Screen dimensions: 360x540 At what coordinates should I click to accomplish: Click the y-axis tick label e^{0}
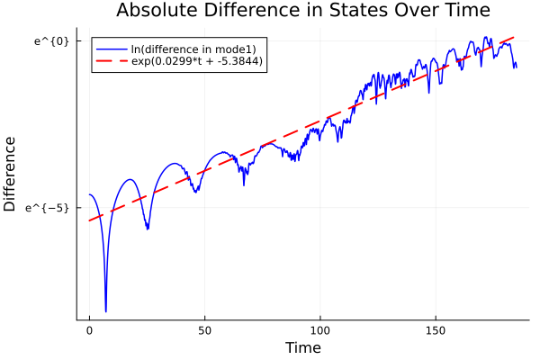point(58,41)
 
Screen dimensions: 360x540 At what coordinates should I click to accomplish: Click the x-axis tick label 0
point(89,331)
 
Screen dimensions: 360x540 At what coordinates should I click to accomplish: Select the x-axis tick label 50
point(204,331)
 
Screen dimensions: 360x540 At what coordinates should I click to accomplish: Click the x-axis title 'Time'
point(302,347)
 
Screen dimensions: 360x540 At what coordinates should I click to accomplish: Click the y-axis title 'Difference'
point(11,174)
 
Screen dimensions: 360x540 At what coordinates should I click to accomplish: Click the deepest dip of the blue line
point(105,311)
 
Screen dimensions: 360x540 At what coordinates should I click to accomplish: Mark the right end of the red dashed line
point(516,36)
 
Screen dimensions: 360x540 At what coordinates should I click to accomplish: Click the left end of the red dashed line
point(89,220)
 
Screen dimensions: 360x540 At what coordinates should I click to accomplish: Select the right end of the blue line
point(516,67)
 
